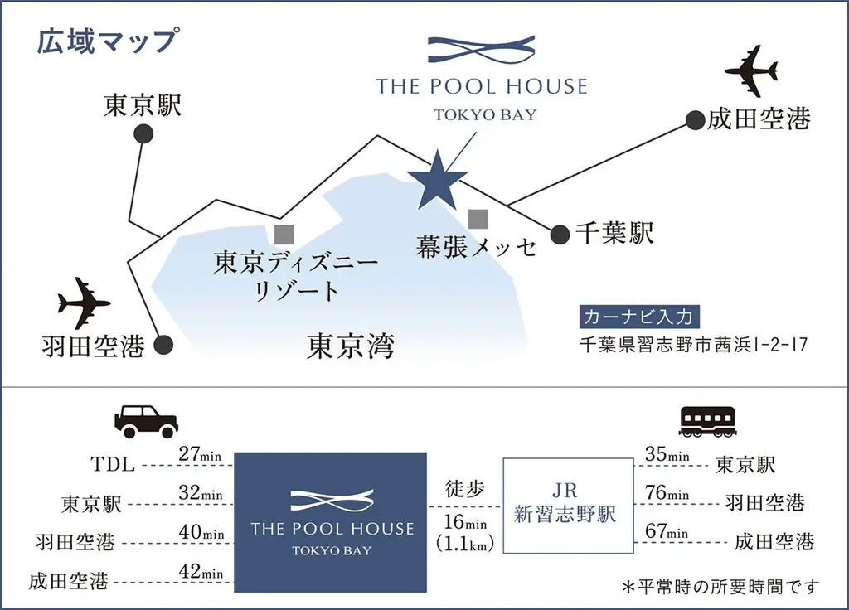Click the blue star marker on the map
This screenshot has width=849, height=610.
[438, 181]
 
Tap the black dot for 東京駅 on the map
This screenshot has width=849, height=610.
[143, 134]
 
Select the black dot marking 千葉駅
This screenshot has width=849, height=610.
[560, 235]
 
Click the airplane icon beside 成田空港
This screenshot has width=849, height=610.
[751, 71]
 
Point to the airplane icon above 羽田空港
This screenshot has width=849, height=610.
[85, 303]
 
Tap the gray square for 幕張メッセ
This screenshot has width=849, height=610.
[478, 219]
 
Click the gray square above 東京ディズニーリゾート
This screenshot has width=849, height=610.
[284, 233]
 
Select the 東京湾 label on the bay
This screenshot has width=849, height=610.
[350, 346]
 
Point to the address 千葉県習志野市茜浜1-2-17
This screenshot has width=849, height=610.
[691, 343]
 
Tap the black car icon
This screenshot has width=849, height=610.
[146, 422]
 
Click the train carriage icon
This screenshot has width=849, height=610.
[707, 422]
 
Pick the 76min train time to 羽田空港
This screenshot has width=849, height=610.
[667, 494]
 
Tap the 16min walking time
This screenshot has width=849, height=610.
[464, 523]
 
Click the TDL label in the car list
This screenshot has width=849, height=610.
[114, 465]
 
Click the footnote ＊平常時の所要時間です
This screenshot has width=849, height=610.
[720, 587]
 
